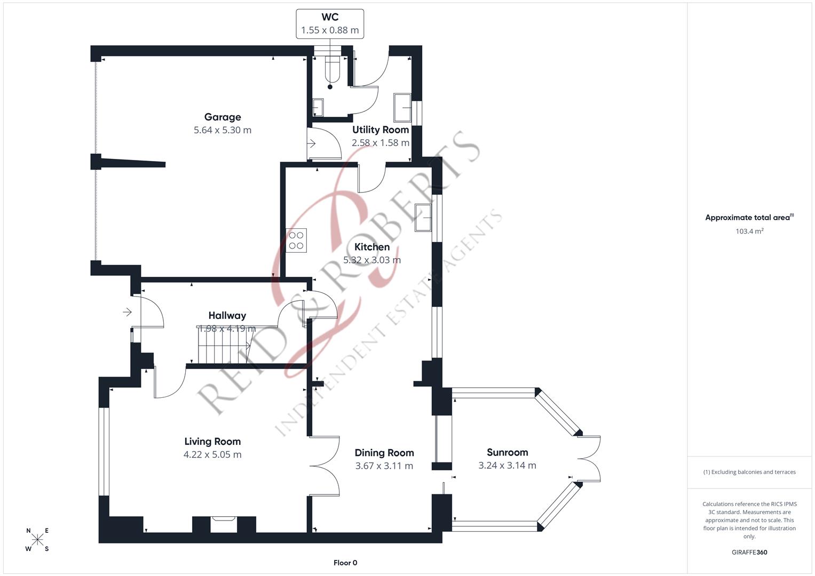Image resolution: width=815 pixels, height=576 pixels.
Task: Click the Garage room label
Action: click(223, 117)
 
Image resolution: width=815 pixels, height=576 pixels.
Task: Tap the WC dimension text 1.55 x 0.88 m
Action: click(330, 30)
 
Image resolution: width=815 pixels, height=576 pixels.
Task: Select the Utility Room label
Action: click(381, 130)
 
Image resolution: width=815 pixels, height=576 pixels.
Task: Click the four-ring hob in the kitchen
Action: click(296, 241)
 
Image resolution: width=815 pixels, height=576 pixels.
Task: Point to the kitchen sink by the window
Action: click(423, 218)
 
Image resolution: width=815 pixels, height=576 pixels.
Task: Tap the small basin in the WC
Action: click(318, 107)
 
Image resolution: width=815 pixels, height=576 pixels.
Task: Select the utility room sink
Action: click(402, 108)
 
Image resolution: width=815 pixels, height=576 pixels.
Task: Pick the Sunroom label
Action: click(507, 452)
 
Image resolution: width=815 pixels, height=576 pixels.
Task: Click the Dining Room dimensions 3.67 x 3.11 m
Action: click(384, 466)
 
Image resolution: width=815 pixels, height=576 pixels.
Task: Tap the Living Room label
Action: click(212, 442)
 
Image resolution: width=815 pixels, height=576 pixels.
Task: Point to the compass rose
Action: click(37, 539)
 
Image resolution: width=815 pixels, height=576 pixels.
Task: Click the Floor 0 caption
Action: click(345, 563)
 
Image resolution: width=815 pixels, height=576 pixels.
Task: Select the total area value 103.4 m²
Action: click(749, 231)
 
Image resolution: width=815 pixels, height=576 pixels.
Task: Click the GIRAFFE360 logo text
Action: click(749, 552)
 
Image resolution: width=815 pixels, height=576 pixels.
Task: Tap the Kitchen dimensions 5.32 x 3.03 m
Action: click(372, 260)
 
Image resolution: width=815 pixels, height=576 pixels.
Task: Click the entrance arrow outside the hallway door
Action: click(127, 312)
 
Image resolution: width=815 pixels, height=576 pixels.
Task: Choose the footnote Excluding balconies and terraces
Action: click(749, 472)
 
